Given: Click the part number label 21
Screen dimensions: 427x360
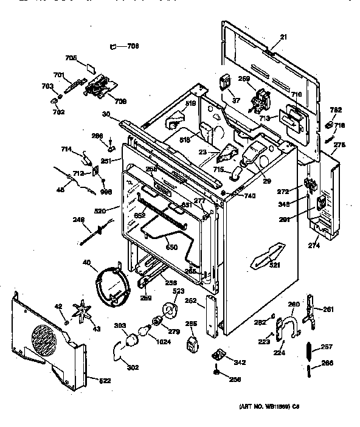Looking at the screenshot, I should [x=283, y=38].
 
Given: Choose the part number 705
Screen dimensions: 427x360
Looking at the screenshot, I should [x=71, y=58].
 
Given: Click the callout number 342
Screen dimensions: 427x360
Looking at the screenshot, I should [x=240, y=363].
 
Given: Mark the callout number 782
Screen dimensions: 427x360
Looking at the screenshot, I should [x=336, y=109].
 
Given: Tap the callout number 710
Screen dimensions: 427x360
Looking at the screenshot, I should [x=297, y=95].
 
